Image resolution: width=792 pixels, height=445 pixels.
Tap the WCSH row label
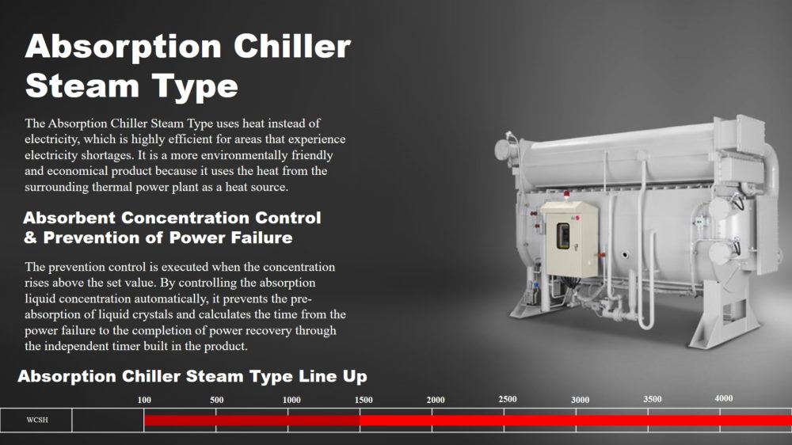pyautogui.click(x=37, y=420)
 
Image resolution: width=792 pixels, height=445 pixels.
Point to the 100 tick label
pyautogui.click(x=144, y=400)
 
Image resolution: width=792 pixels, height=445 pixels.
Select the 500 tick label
pyautogui.click(x=217, y=400)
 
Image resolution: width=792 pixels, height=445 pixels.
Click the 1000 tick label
pyautogui.click(x=291, y=400)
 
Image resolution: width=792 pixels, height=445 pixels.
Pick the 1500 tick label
pyautogui.click(x=364, y=400)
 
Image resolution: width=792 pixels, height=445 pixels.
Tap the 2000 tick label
pyautogui.click(x=436, y=400)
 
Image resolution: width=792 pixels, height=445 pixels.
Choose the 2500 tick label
pyautogui.click(x=508, y=399)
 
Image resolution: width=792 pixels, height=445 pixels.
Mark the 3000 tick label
pyautogui.click(x=580, y=400)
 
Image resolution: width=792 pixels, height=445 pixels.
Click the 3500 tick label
pyautogui.click(x=652, y=399)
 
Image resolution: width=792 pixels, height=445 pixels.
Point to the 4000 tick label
pyautogui.click(x=724, y=398)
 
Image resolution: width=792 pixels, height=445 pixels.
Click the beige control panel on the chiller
pyautogui.click(x=569, y=239)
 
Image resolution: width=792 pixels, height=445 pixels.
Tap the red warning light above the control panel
pyautogui.click(x=566, y=194)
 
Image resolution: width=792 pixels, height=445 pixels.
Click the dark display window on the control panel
pyautogui.click(x=562, y=236)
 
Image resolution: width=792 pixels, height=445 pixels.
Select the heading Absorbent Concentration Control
pyautogui.click(x=172, y=218)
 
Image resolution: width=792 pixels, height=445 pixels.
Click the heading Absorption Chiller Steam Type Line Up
pyautogui.click(x=192, y=376)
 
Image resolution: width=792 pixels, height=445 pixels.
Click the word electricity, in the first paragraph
pyautogui.click(x=52, y=139)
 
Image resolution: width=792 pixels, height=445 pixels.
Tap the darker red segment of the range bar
pyautogui.click(x=252, y=420)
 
